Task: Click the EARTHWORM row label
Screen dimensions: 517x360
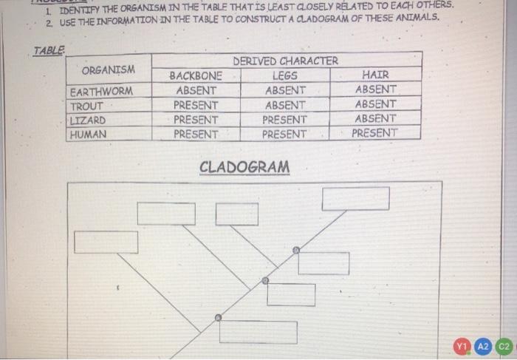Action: (103, 92)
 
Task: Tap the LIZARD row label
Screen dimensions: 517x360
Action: (87, 120)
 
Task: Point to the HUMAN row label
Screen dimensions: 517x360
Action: (88, 135)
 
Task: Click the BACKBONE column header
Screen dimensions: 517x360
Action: (196, 75)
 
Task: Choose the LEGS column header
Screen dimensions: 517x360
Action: (285, 75)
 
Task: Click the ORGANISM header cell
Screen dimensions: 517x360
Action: (109, 70)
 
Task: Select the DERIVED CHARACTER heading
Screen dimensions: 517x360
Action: (285, 61)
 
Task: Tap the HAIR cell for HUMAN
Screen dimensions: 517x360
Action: (374, 133)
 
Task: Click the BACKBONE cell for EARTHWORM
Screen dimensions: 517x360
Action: (196, 90)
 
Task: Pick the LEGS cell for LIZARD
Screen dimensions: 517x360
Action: (285, 119)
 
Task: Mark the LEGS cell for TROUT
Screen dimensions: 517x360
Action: (285, 105)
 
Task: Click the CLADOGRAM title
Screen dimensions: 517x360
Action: (244, 166)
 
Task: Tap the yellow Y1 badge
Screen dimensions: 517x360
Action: (462, 346)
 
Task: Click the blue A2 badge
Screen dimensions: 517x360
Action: (483, 346)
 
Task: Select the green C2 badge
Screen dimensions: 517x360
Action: (504, 346)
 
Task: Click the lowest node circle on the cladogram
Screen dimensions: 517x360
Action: (217, 318)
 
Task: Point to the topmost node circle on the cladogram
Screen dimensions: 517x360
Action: (296, 251)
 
